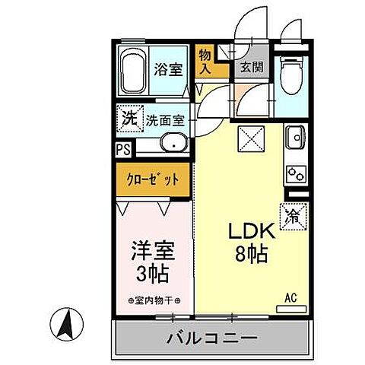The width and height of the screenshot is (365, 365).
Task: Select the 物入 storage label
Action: click(205, 60)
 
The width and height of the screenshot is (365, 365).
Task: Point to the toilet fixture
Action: click(290, 68)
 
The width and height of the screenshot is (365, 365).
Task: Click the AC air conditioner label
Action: click(291, 297)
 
